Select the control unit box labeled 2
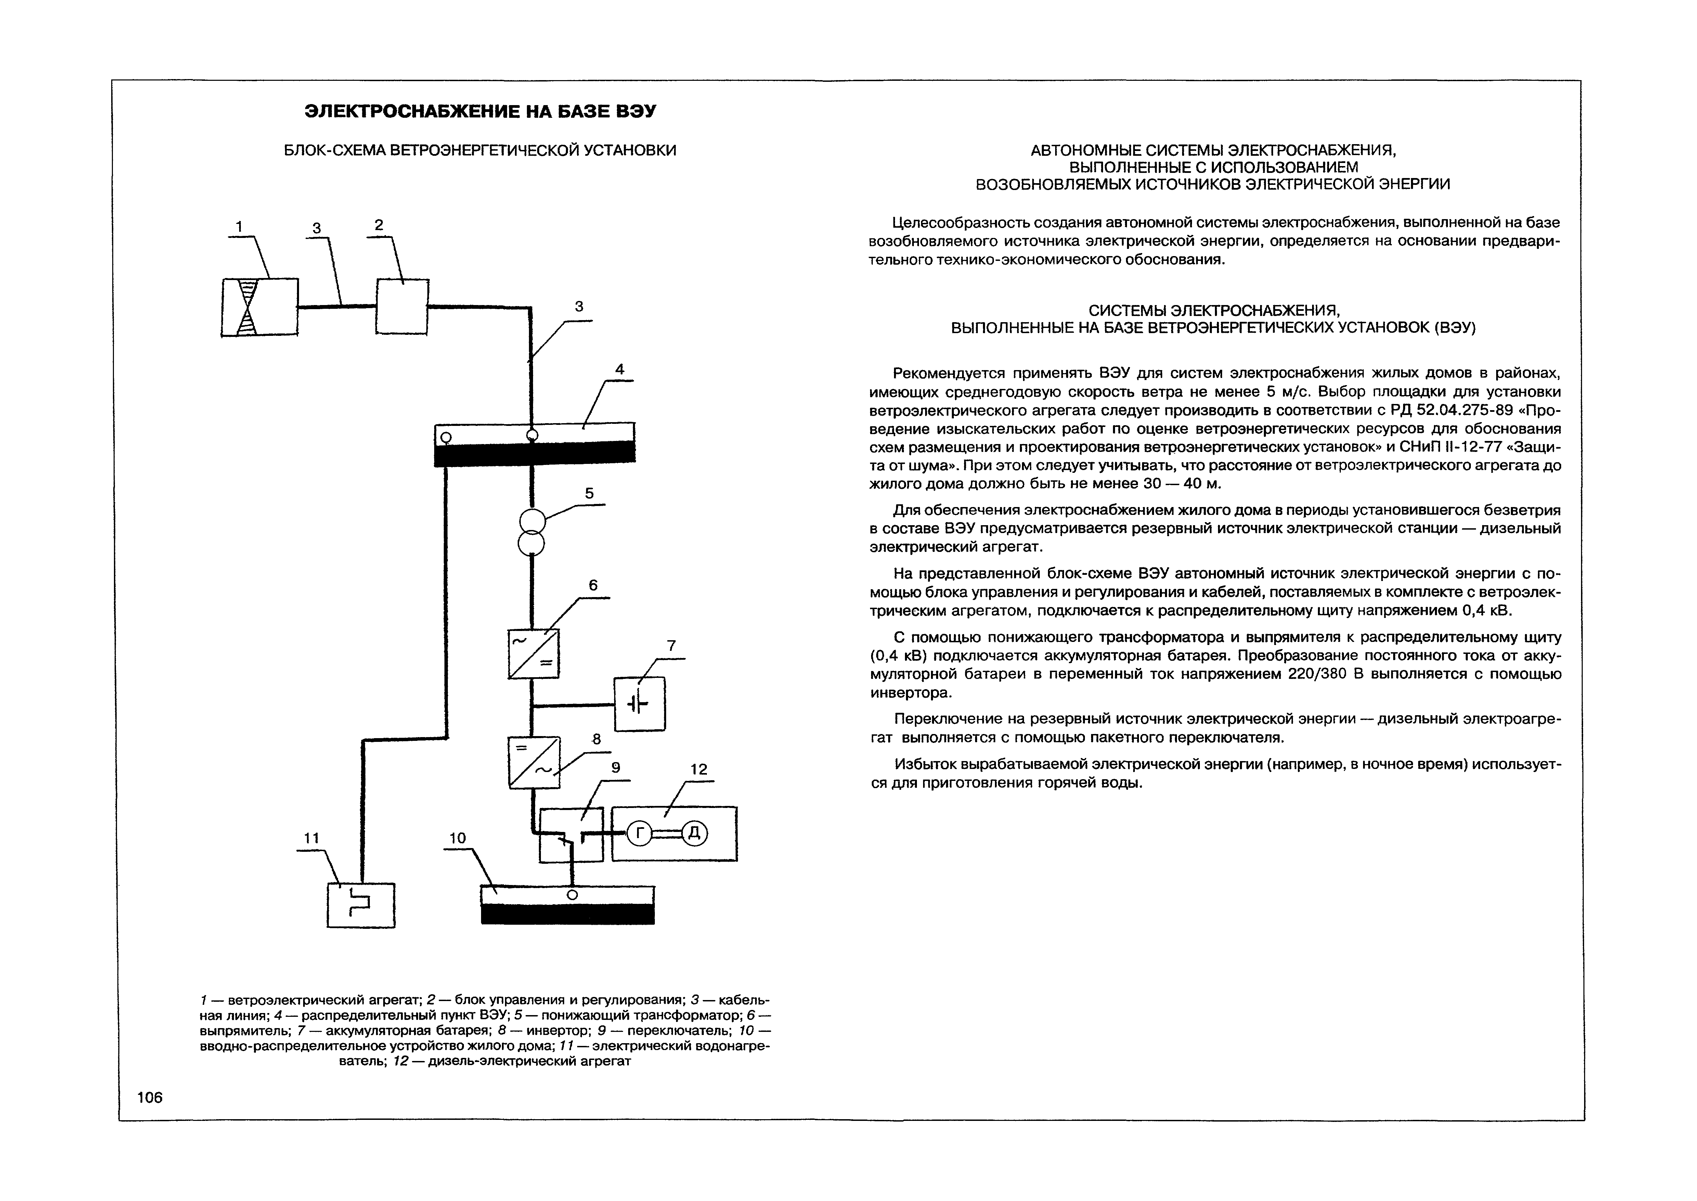point(402,306)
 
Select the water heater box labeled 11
point(361,905)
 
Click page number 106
point(149,1098)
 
